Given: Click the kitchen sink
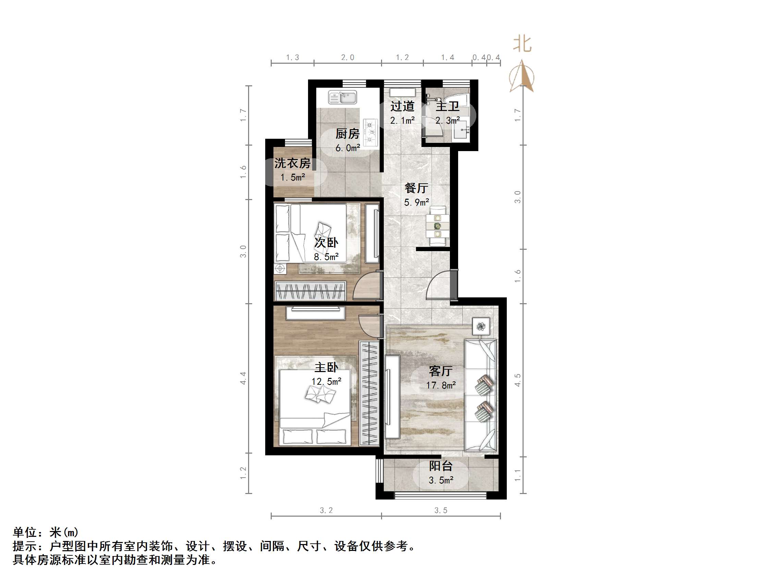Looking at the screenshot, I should click(342, 97).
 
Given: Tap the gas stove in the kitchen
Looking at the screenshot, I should click(370, 132).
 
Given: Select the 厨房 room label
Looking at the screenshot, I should click(347, 134).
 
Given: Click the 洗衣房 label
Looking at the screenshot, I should click(292, 163).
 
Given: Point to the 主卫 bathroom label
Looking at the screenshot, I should click(447, 106).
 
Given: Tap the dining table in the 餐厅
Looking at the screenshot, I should click(437, 226).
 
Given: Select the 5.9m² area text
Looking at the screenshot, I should click(416, 202).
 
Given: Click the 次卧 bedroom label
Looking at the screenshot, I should click(326, 243).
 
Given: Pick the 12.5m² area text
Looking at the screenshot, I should click(326, 381).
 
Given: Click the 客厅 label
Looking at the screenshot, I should click(440, 371).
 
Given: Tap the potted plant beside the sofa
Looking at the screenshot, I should click(481, 326).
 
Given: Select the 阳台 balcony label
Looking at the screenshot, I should click(440, 466).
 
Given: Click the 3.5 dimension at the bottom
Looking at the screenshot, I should click(440, 510).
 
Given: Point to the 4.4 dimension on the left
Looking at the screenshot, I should click(243, 379).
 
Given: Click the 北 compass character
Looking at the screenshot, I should click(522, 44).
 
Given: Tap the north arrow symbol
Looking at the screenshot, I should click(522, 77).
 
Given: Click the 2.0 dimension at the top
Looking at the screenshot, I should click(347, 58).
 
